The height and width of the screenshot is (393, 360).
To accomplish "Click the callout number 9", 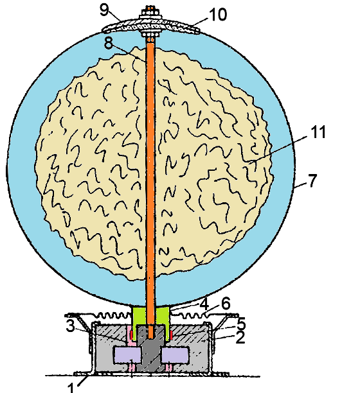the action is [x=104, y=10].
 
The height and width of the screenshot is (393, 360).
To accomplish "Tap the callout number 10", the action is [x=218, y=14].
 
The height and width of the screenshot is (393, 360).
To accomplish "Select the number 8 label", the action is [x=109, y=43].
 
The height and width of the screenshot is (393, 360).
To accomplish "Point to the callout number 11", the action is [x=318, y=132].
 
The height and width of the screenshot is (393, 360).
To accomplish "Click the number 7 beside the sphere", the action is [x=312, y=180].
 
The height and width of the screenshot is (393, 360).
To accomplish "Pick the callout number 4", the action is [x=204, y=304].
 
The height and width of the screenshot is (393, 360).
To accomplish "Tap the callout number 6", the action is [x=226, y=304].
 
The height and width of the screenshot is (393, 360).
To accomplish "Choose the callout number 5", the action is [x=241, y=324].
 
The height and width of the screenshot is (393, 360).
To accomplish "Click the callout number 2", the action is [x=240, y=337].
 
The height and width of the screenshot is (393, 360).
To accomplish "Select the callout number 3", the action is [x=71, y=326].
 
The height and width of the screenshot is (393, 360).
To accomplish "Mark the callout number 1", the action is [x=71, y=387].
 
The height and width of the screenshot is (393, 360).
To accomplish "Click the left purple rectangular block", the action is [x=128, y=355].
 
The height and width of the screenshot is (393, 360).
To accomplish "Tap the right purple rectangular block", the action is [x=175, y=355].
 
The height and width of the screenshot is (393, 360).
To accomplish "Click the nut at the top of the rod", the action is [x=150, y=12].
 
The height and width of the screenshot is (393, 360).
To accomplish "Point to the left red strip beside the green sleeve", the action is [x=131, y=335].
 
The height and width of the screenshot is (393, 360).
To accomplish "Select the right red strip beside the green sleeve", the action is [x=171, y=335].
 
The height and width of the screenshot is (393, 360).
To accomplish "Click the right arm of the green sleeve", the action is [x=163, y=323].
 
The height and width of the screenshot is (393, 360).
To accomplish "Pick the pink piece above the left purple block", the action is [x=131, y=336].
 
